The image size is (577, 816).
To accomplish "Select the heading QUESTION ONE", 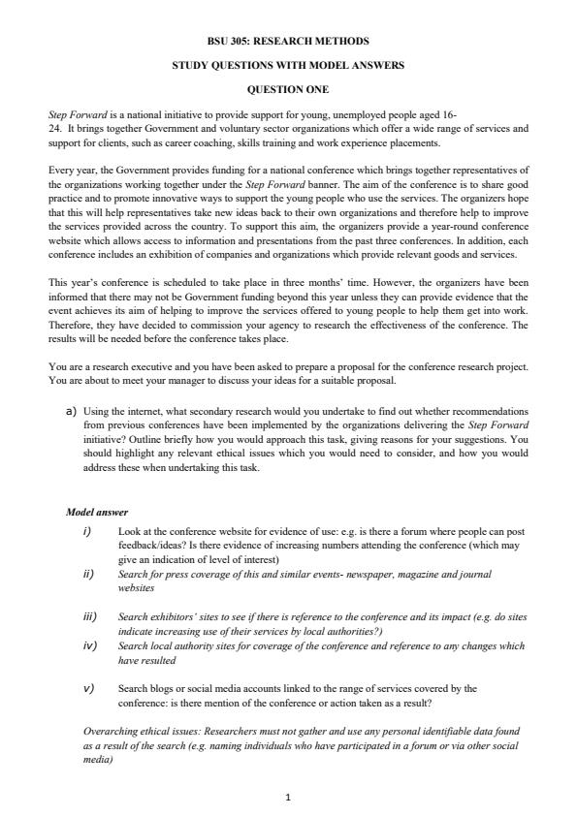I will [288, 90].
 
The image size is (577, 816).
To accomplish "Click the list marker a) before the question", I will [71, 411].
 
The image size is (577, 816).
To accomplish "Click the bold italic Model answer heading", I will [97, 512].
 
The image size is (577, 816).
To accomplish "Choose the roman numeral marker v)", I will [90, 688].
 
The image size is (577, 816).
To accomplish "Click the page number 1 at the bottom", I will [288, 798].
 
